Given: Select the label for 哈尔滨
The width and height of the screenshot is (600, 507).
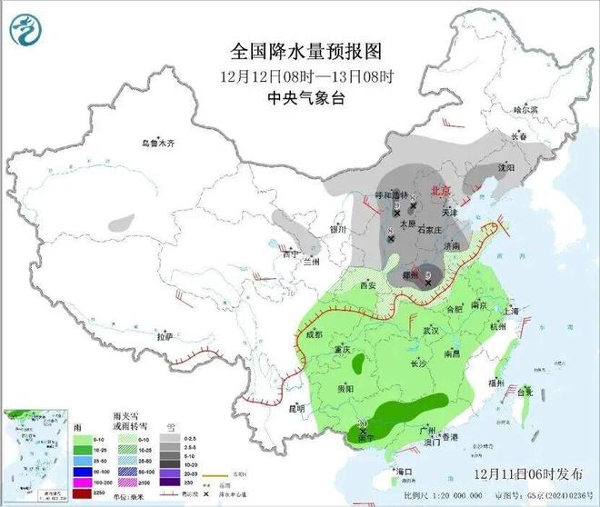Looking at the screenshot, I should (x=525, y=109).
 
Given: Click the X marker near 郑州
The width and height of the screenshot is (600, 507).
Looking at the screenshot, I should (x=427, y=283).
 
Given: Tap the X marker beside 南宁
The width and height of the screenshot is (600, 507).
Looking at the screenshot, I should (x=364, y=425).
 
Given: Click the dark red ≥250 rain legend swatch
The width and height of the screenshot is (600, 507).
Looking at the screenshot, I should (x=19, y=494).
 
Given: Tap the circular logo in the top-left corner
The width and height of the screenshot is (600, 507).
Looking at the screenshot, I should (x=25, y=28).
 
